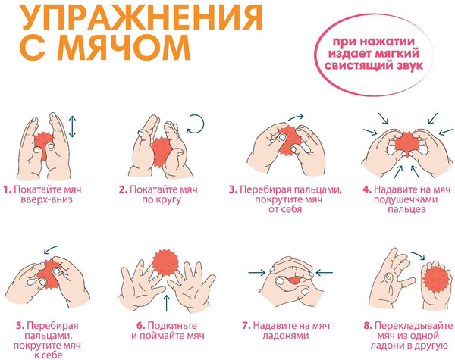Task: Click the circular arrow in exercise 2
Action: point(196,123)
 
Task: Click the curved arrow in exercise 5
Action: point(52,249)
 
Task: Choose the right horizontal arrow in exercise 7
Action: point(325,270)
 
